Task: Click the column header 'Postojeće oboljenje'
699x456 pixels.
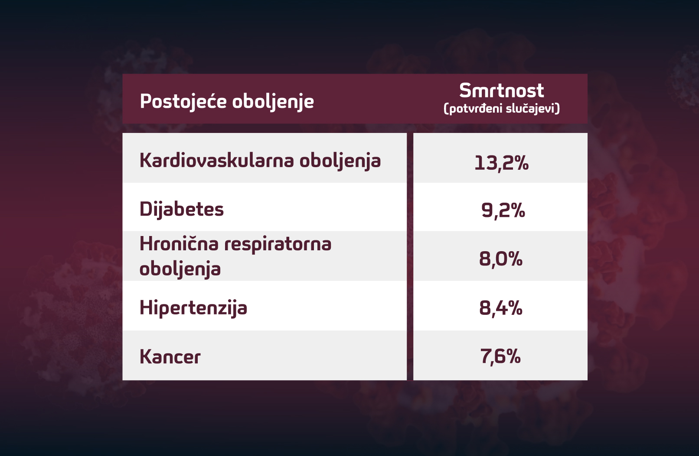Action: [x=227, y=102]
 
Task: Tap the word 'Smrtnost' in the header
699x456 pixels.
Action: [x=501, y=91]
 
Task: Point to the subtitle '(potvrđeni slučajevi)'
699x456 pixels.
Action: [x=502, y=108]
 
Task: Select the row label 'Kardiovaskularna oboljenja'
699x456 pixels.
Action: [x=260, y=161]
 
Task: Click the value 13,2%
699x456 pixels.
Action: [x=501, y=163]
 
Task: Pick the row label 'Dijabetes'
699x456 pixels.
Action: [x=182, y=209]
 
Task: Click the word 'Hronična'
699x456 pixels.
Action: [x=179, y=244]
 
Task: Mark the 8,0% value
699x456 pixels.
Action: [x=501, y=259]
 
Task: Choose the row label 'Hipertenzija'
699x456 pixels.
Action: [x=193, y=308]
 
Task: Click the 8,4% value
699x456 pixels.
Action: [x=501, y=308]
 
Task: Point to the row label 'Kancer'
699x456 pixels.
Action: [x=170, y=357]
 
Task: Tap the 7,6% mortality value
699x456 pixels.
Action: [x=500, y=356]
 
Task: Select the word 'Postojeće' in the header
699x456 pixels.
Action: [x=183, y=102]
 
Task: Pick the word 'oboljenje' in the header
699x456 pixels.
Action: [x=273, y=102]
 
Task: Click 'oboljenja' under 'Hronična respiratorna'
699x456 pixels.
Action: [x=180, y=269]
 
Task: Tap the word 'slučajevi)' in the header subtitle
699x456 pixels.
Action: [x=533, y=108]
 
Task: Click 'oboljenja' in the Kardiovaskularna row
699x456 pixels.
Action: [x=340, y=161]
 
